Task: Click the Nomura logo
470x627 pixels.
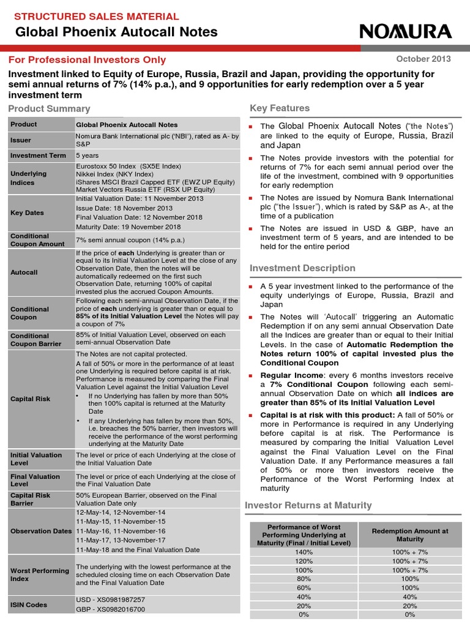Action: [406, 32]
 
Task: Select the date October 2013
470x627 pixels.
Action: [423, 59]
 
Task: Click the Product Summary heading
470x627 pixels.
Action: [49, 108]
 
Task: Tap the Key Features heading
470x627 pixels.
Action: [280, 108]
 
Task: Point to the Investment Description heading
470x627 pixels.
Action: [302, 268]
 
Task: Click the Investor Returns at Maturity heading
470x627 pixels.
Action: [308, 505]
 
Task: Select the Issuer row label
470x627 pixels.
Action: [21, 140]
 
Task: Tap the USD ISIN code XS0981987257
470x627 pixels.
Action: [110, 599]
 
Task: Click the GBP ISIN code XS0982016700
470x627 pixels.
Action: [110, 609]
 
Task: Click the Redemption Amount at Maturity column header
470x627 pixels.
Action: [409, 535]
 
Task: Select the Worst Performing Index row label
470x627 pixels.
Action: [40, 574]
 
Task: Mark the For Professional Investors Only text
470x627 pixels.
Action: [87, 59]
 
